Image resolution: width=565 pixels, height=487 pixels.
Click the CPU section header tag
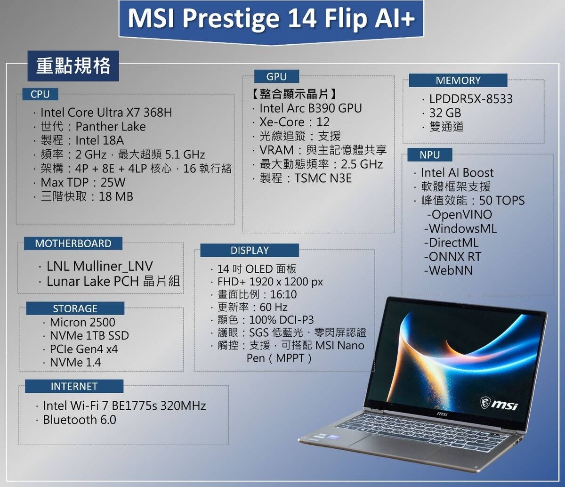point(40,94)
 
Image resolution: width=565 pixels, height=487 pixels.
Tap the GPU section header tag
point(276,76)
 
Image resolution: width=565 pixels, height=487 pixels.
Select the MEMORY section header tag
point(458,81)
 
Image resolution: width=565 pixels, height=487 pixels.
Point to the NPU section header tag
point(429,155)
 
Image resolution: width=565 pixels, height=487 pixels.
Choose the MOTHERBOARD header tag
point(73,243)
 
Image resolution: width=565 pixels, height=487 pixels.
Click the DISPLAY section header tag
point(250,250)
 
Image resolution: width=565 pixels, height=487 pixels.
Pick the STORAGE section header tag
point(75,308)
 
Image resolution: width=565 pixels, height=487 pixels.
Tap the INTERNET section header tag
point(74,386)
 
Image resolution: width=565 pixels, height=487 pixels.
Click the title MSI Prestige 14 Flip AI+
point(271,19)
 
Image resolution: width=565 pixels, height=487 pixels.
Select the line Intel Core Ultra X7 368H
point(106,113)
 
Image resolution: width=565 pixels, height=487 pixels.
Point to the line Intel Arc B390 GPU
point(310,108)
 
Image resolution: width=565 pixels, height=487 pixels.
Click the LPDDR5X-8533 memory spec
point(471,99)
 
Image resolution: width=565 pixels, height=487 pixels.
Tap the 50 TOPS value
point(501,201)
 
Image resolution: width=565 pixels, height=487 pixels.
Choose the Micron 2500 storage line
point(82,323)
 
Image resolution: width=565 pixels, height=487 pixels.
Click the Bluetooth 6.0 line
point(79,420)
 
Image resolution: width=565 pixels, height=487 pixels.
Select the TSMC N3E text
point(323,178)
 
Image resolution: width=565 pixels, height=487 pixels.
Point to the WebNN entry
point(450,271)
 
